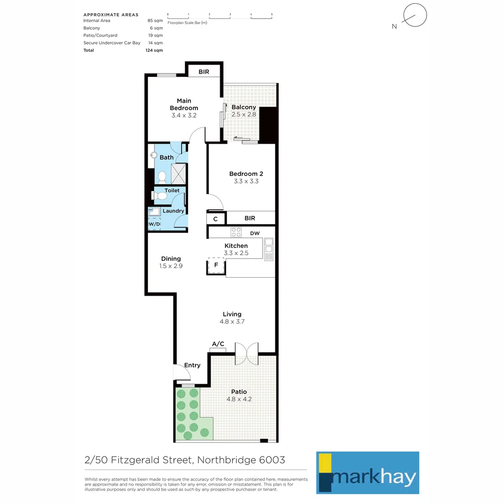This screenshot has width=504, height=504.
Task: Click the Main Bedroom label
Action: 184,104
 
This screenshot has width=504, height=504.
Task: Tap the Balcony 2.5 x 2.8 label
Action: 244,111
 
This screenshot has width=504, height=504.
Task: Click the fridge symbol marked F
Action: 216,265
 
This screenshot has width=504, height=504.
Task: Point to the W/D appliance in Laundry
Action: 154,224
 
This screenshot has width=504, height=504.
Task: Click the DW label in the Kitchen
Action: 255,233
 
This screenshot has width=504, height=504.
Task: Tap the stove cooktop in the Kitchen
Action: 236,232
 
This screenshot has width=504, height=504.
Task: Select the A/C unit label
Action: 218,344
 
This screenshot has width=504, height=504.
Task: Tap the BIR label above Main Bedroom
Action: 203,72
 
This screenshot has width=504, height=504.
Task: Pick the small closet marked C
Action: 216,218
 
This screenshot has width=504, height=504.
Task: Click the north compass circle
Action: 415,15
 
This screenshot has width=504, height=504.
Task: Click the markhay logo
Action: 367,472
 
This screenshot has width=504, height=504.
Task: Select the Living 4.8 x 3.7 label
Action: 232,318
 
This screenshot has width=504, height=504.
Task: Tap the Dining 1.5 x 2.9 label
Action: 171,262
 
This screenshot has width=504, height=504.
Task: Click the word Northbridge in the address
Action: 223,460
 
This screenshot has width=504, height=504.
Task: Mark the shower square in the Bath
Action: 178,174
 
